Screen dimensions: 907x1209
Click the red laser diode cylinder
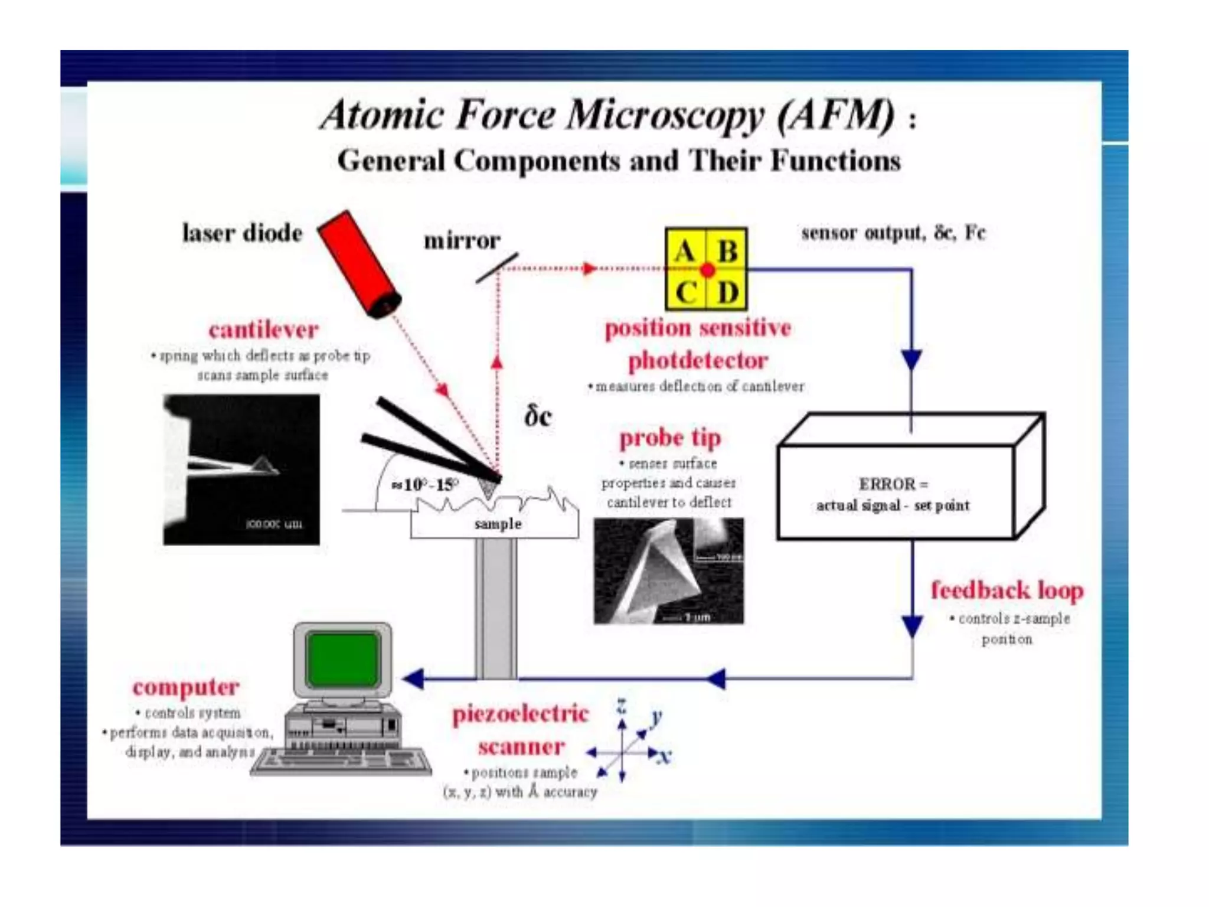coord(360,264)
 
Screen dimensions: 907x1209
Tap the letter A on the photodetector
coord(685,252)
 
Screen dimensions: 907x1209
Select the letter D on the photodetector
coord(727,292)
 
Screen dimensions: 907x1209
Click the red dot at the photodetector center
coord(707,270)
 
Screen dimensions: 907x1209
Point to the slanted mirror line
coord(497,268)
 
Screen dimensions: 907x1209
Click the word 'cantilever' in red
coord(263,329)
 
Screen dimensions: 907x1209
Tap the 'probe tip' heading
coord(670,438)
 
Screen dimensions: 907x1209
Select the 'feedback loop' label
coord(1007,590)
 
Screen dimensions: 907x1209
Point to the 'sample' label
coord(498,524)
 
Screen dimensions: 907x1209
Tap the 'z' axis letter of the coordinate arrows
coord(621,705)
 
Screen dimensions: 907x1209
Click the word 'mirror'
coord(462,241)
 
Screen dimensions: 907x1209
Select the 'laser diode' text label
coord(242,233)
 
